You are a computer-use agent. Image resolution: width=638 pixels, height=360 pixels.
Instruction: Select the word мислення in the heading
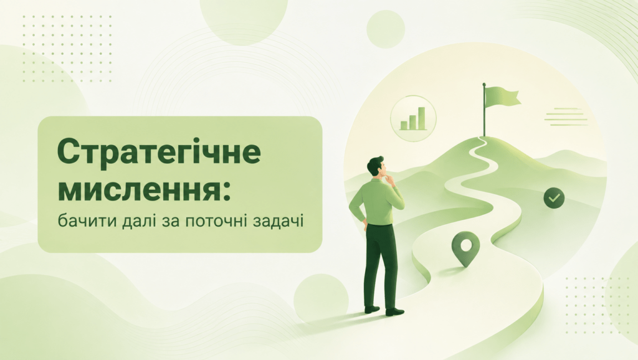point(138,190)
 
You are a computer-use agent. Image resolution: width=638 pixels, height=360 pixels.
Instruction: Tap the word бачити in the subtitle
point(85,222)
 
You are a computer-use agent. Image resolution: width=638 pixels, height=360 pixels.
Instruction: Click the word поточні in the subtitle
point(215,222)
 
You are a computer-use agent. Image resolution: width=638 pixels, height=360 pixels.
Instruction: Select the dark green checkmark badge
point(554,198)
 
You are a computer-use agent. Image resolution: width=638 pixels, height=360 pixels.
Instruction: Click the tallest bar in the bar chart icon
point(422,118)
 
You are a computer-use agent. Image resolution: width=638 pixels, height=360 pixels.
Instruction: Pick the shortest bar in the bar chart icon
point(404,125)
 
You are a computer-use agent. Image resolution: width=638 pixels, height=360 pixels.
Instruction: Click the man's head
point(376,167)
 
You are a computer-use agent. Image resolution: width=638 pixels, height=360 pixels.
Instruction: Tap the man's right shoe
point(394,312)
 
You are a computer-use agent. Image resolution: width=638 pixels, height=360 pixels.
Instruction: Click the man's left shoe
point(372,310)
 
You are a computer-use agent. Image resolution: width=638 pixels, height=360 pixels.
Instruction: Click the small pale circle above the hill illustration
point(385,29)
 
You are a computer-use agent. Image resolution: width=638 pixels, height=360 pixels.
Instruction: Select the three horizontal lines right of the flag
point(566,116)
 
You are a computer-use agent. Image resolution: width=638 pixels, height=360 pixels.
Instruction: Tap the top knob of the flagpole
point(484,85)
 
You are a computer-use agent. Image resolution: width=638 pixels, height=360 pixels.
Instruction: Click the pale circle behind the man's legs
point(321,298)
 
